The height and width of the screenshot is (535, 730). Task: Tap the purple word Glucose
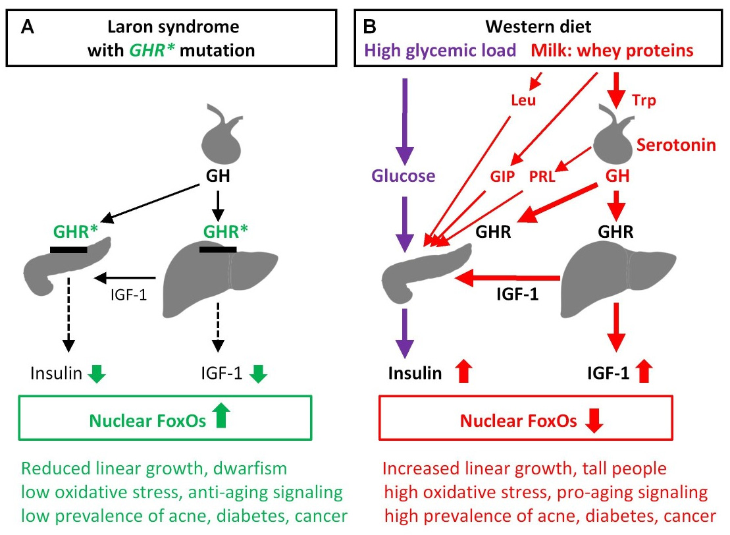tap(404, 176)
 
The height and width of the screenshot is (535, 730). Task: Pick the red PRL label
tap(542, 177)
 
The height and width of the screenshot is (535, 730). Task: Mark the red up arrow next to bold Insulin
tap(465, 373)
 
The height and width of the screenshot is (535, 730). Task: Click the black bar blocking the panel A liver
tap(218, 250)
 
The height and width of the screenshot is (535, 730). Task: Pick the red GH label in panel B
tap(615, 177)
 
